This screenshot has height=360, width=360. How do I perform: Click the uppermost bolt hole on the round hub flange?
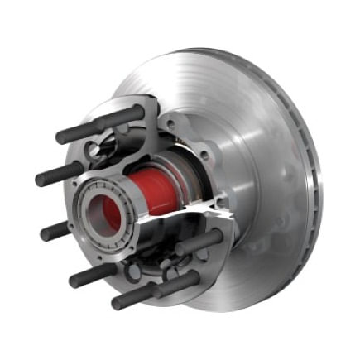tap(169, 124)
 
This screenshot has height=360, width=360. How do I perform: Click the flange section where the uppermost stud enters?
tap(132, 115)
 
